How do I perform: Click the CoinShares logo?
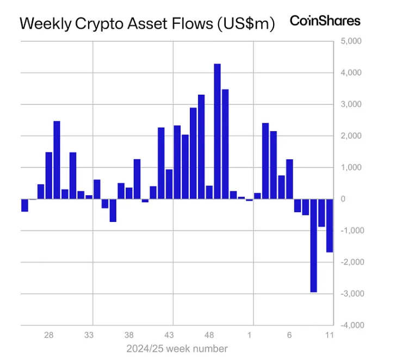pos(325,21)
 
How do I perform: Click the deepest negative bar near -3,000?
pos(313,245)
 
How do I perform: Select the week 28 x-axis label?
pos(48,335)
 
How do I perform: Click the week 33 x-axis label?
pos(89,335)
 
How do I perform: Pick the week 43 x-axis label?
pos(169,335)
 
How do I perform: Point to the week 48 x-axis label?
pos(209,335)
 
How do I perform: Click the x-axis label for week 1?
pos(250,335)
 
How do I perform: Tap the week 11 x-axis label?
pos(329,335)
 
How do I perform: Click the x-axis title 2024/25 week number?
pos(177,348)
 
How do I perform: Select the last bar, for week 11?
pos(330,225)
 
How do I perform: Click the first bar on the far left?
pos(24,205)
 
